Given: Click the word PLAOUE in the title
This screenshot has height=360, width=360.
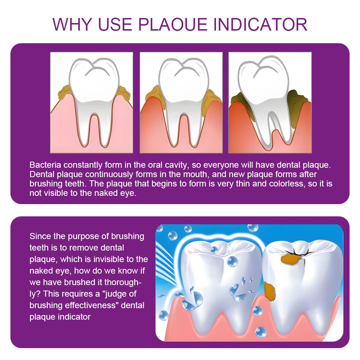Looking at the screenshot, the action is point(172,24).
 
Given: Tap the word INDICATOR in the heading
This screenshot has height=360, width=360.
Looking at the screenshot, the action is point(260,24).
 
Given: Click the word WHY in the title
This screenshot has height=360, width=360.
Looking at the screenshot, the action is point(72,24).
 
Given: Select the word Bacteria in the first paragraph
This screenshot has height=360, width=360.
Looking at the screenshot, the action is point(45,165).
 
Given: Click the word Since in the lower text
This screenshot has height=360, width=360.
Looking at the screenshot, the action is point(40,236).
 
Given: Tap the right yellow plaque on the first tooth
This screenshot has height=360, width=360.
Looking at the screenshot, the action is point(124,93).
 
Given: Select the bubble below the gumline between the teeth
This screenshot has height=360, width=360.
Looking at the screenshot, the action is point(261,332).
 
